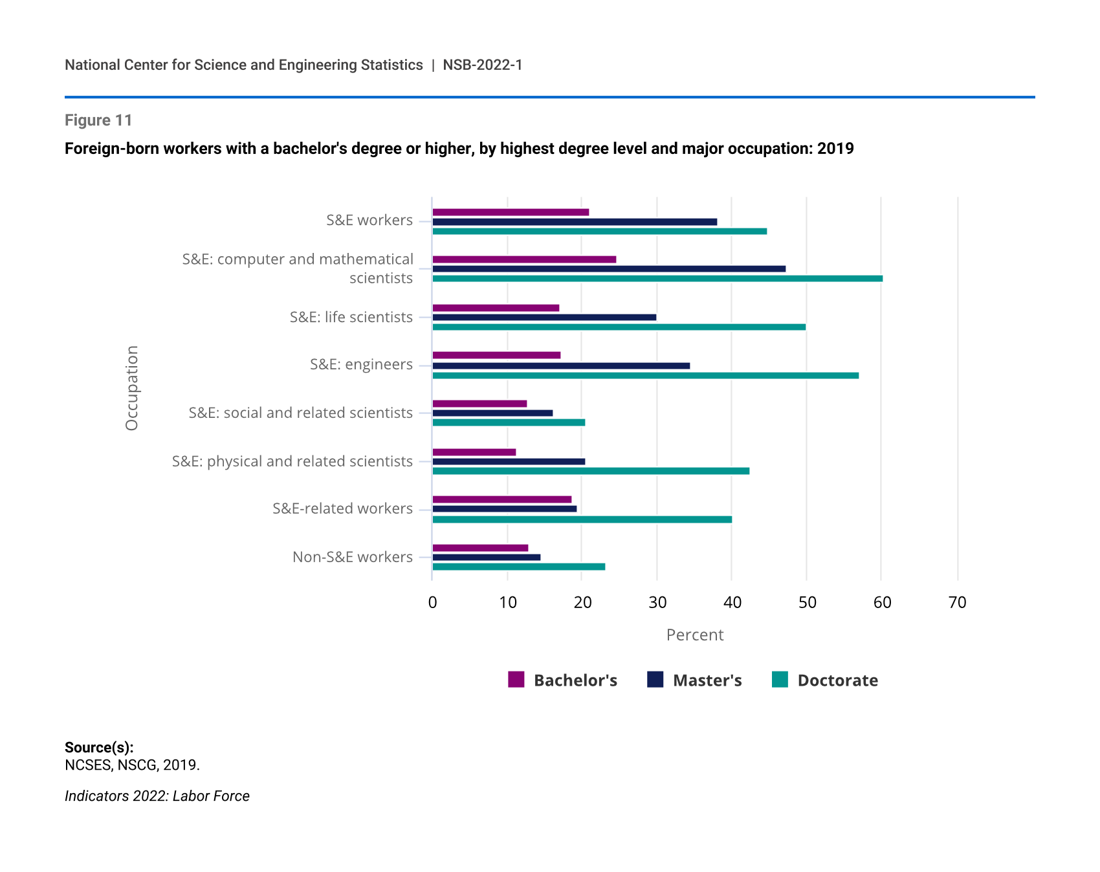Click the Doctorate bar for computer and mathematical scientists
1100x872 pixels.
click(657, 279)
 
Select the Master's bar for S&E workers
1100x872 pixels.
click(575, 222)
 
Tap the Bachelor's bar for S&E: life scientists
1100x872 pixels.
click(496, 308)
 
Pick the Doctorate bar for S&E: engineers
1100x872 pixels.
click(645, 375)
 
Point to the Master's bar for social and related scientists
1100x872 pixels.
click(492, 413)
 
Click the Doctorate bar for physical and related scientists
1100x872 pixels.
click(591, 471)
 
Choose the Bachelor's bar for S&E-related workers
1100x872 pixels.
click(502, 499)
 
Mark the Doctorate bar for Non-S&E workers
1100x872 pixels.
click(518, 567)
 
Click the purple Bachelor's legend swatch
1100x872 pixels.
click(516, 679)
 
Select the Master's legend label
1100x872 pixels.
click(707, 681)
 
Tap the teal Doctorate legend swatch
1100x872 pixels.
click(780, 679)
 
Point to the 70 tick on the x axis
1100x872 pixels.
click(957, 603)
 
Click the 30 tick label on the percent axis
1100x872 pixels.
click(657, 603)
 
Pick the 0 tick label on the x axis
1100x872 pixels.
click(432, 603)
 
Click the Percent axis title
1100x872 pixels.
click(694, 635)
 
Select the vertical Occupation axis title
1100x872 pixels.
click(132, 388)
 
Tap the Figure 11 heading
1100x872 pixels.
click(98, 120)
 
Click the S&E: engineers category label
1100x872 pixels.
click(361, 364)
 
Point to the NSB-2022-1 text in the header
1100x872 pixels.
click(482, 65)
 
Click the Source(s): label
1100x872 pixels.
click(99, 748)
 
